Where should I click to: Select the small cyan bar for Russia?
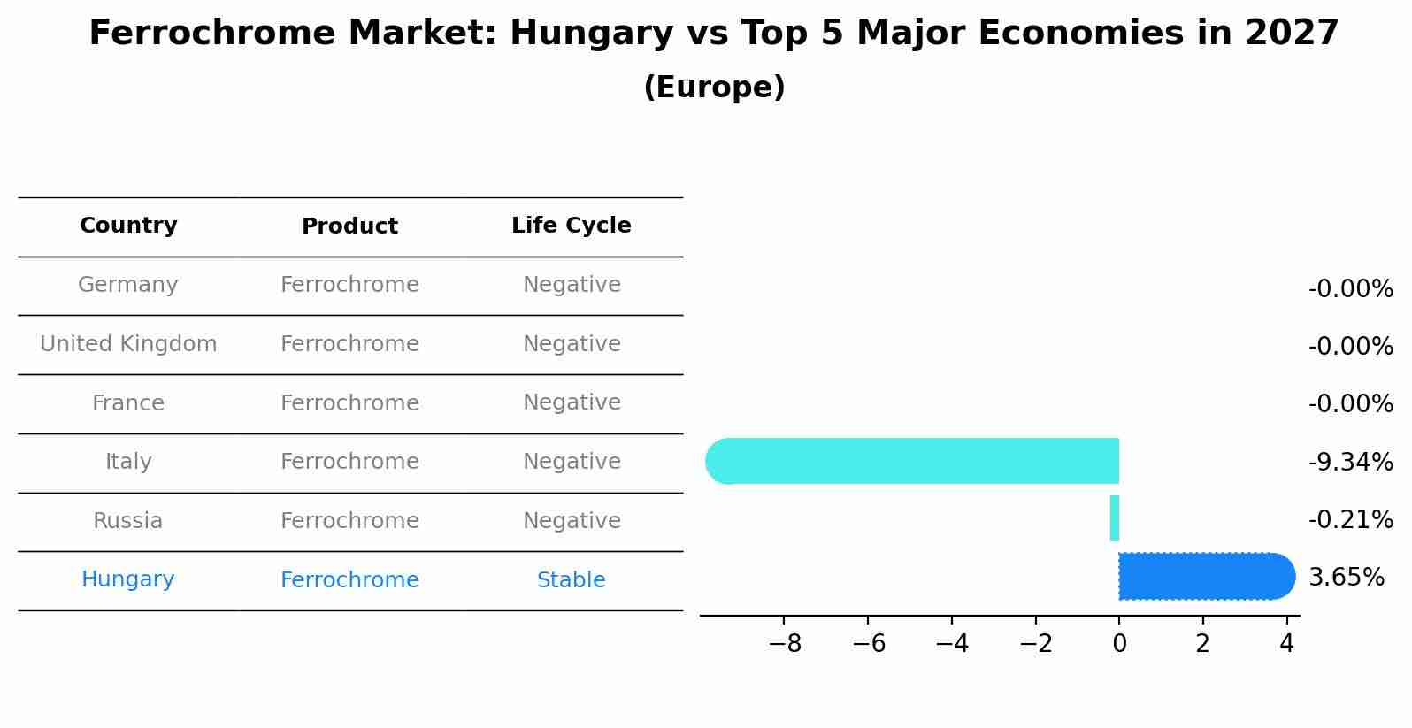click(1115, 518)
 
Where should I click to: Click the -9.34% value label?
click(1350, 462)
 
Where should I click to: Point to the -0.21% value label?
click(1350, 519)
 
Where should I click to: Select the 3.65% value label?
click(1346, 578)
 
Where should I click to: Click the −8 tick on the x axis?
click(785, 644)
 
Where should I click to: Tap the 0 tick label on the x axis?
click(1119, 644)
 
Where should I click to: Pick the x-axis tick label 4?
click(1286, 644)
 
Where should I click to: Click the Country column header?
click(128, 226)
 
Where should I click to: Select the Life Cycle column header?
click(572, 226)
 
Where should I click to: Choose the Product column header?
click(349, 226)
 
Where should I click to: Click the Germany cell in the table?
click(128, 285)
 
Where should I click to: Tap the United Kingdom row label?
click(128, 344)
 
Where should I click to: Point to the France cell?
click(128, 403)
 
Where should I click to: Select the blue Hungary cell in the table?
click(128, 579)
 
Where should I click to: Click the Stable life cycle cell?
click(572, 580)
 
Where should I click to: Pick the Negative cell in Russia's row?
click(572, 521)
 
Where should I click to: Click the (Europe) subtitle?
click(714, 88)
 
